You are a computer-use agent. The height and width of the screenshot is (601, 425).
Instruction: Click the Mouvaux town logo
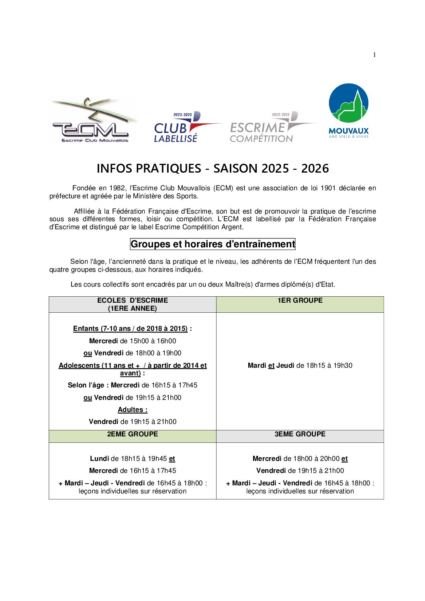348,111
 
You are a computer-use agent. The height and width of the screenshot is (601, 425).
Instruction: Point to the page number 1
374,55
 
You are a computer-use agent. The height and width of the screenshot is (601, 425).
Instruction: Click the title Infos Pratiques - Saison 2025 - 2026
212,168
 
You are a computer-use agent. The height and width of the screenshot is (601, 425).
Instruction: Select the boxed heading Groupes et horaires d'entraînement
212,244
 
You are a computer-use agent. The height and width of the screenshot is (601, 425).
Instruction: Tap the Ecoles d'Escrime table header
133,304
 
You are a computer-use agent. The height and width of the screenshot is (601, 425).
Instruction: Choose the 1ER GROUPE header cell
300,300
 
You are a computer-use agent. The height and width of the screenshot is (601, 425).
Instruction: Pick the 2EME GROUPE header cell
133,434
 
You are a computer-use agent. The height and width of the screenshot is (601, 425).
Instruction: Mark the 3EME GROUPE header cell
300,434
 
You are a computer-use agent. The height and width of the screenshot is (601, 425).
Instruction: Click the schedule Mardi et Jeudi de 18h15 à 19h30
300,365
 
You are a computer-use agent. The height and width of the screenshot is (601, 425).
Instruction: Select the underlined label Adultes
132,409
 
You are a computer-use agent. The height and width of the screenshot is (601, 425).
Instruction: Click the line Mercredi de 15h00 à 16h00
133,341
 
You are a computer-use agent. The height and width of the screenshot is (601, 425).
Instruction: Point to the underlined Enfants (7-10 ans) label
130,328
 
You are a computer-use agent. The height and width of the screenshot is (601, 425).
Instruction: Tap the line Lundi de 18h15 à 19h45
133,458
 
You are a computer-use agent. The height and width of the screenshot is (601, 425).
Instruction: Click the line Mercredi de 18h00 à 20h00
300,458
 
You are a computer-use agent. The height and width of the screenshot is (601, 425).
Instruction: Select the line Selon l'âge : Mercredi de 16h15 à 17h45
133,385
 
